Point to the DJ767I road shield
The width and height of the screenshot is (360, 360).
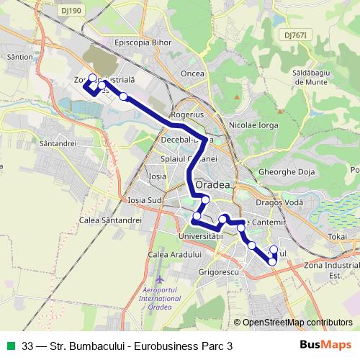coord(296,35)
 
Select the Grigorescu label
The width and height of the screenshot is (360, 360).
coord(218,274)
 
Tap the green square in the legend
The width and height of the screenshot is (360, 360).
coord(11,346)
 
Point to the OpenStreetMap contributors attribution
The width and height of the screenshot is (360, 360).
coord(297,323)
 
